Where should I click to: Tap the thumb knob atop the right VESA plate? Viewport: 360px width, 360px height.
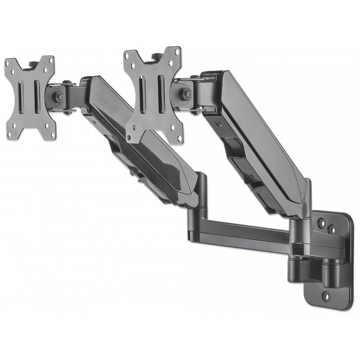[157, 55]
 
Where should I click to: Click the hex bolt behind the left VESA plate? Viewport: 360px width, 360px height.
[58, 96]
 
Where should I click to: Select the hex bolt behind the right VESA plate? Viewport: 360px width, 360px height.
[186, 94]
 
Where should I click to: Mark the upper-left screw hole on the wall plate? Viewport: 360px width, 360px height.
[323, 223]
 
